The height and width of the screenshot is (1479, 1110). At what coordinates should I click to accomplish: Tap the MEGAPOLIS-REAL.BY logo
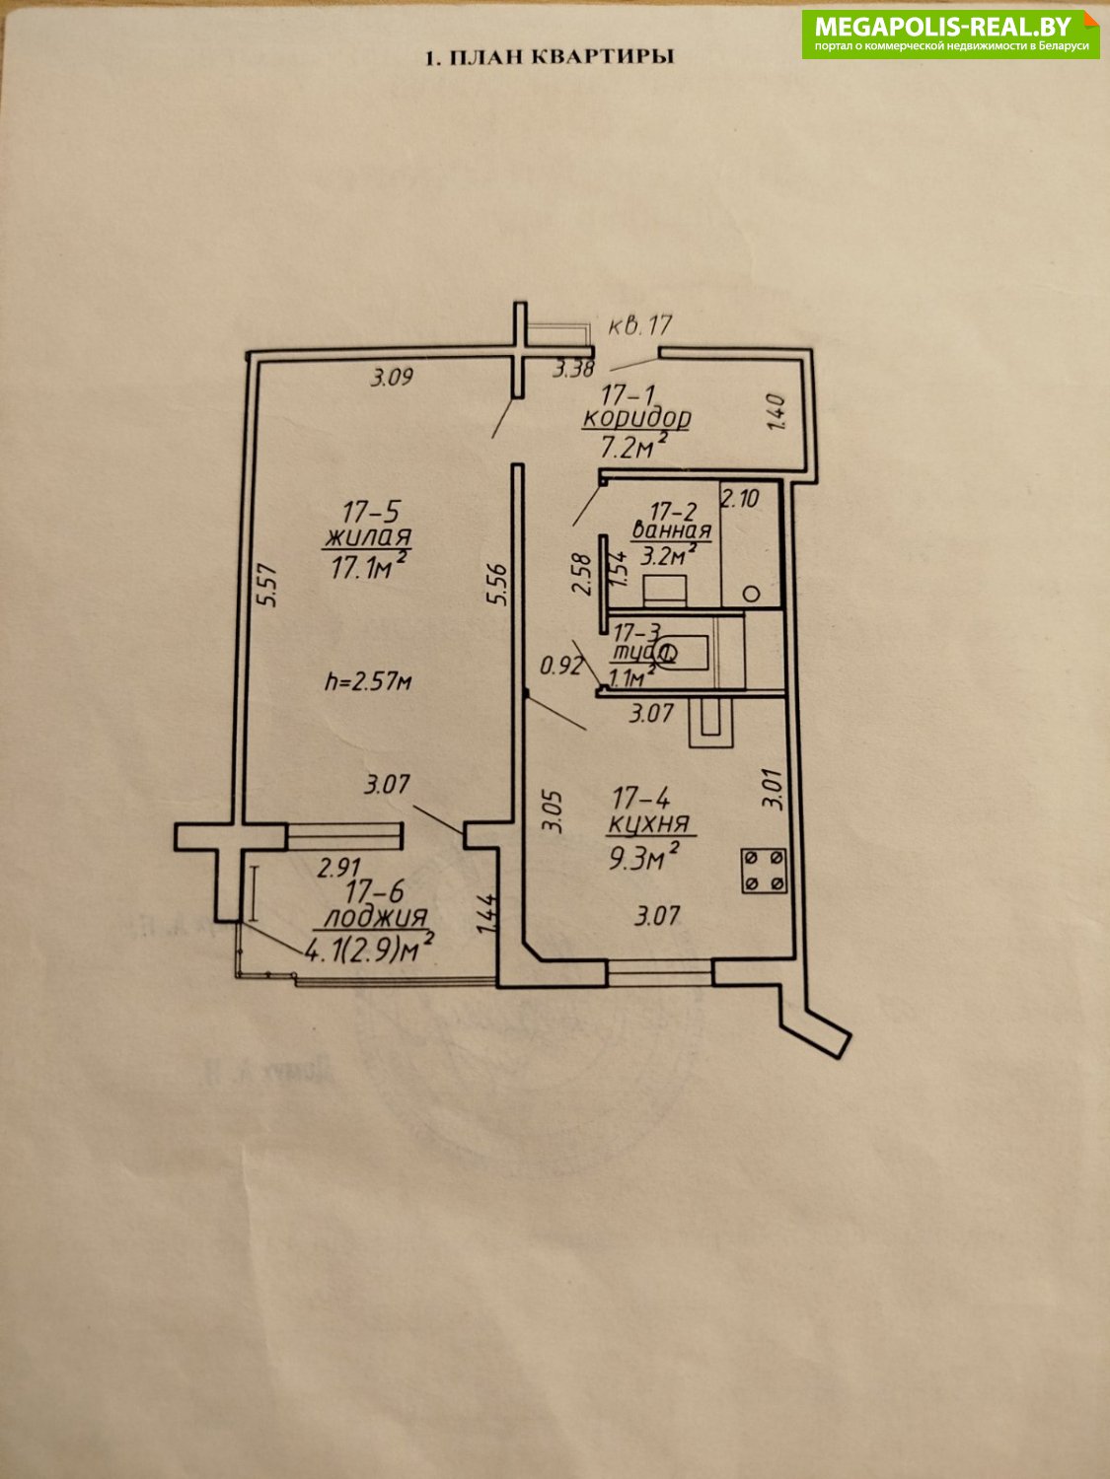tap(951, 35)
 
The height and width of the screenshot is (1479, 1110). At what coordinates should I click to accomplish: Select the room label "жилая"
tap(367, 538)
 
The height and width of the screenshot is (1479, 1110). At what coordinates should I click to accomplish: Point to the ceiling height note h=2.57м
tap(368, 680)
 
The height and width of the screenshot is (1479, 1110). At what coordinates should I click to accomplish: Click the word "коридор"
tap(636, 418)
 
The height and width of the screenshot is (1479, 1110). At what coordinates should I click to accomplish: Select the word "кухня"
tap(648, 824)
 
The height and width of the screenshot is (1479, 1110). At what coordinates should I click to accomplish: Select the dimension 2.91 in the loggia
tap(336, 869)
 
